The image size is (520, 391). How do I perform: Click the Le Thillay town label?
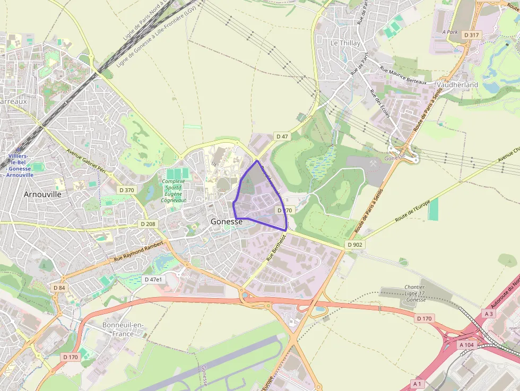click(x=345, y=43)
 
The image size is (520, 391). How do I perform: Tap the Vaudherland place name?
click(x=457, y=85)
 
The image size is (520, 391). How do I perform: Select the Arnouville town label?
click(x=42, y=194)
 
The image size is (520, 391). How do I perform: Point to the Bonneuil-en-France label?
click(x=123, y=329)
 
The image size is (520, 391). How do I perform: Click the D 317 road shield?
click(x=471, y=35)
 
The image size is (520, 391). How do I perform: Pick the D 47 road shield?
click(x=282, y=137)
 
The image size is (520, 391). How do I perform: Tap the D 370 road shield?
click(x=127, y=190)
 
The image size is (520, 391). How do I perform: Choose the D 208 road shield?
click(x=149, y=224)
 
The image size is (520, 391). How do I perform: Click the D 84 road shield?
click(x=59, y=288)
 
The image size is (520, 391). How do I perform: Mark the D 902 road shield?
click(x=355, y=245)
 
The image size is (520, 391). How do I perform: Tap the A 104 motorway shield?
click(x=466, y=345)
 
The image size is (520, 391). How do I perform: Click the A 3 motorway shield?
click(x=489, y=314)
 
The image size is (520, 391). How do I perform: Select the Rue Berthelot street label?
click(x=276, y=248)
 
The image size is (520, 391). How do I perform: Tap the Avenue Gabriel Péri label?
click(x=86, y=160)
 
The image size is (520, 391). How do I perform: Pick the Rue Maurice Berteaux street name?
click(x=403, y=75)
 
